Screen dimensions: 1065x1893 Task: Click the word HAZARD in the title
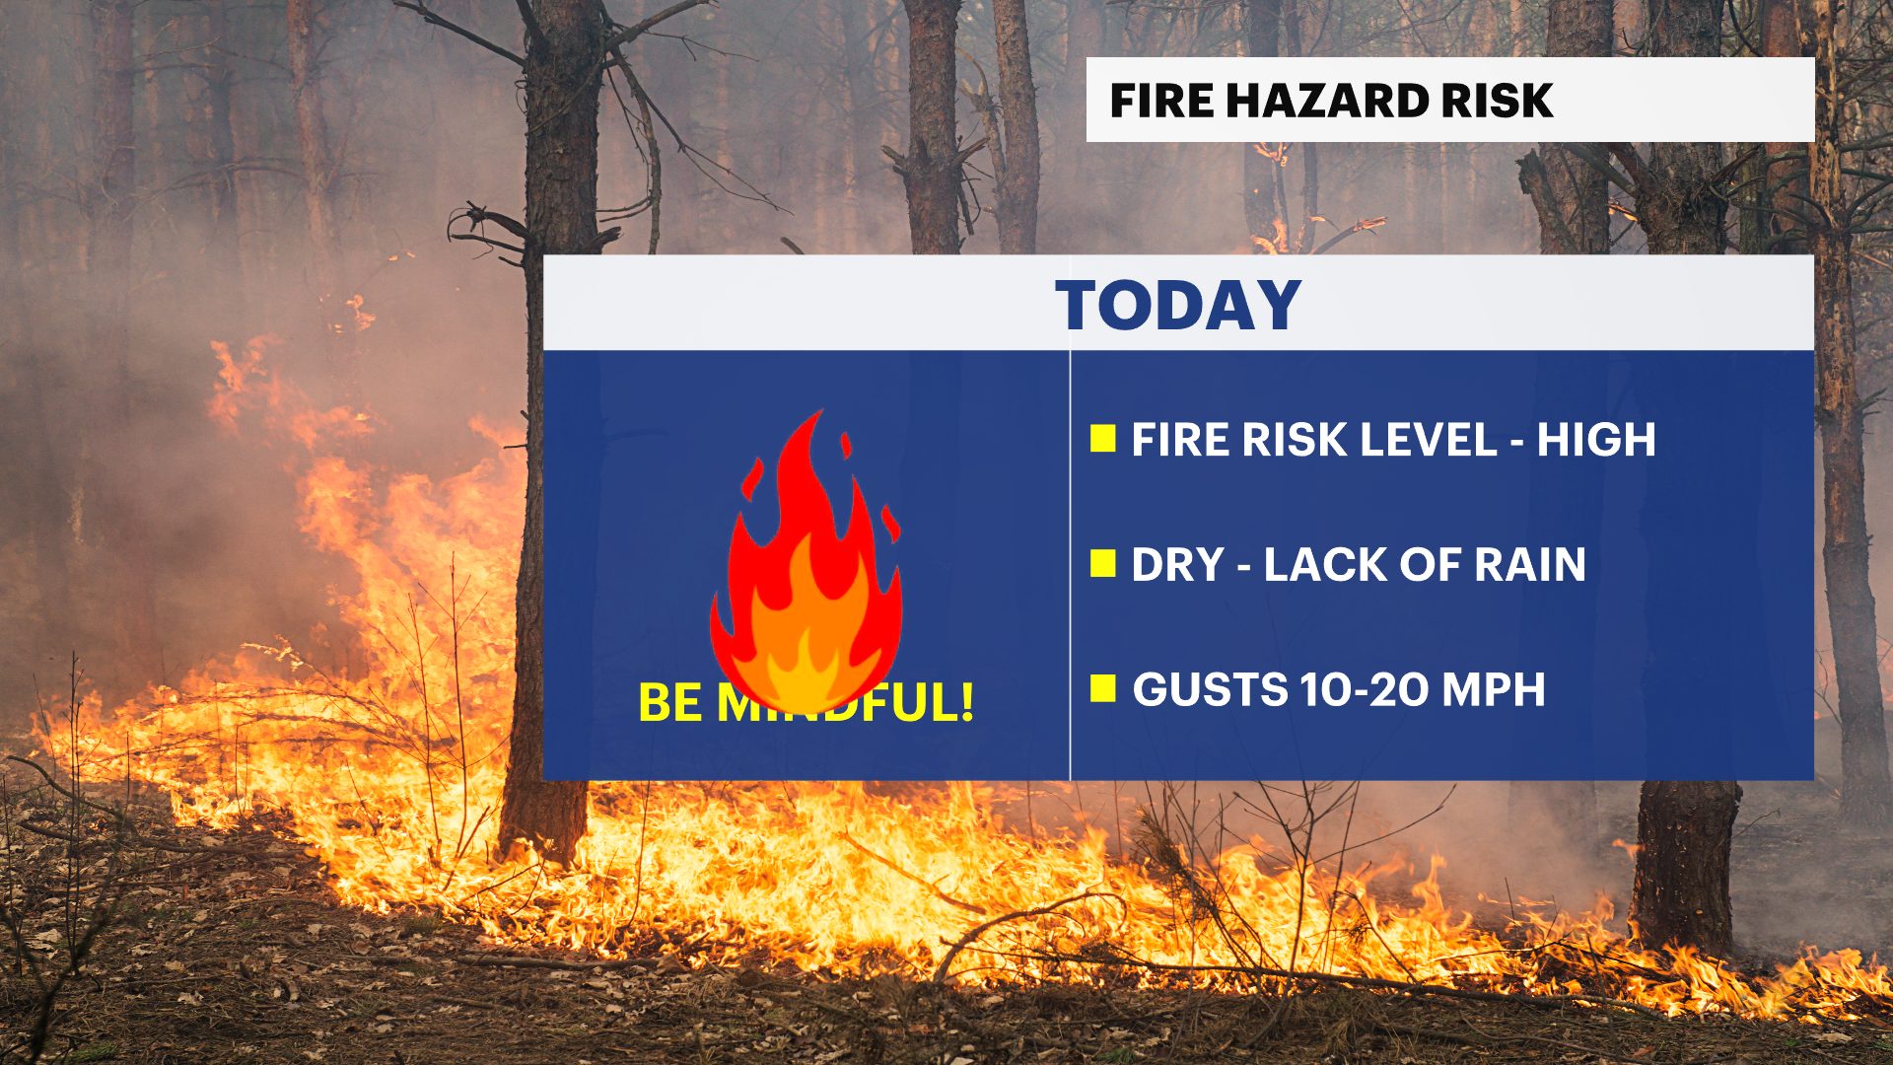(1327, 101)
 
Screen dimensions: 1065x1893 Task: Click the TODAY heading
(1178, 305)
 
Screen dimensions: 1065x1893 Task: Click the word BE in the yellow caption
(670, 703)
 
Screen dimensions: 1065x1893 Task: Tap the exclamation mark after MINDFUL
(967, 702)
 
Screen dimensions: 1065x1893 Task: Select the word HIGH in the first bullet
(1596, 440)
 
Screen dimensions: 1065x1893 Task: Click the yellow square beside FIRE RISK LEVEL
(1103, 439)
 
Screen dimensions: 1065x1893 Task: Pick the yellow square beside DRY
(1103, 564)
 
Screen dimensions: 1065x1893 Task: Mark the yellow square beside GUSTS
(1103, 688)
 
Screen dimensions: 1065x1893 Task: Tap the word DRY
(1177, 565)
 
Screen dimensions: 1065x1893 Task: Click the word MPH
(1493, 689)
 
